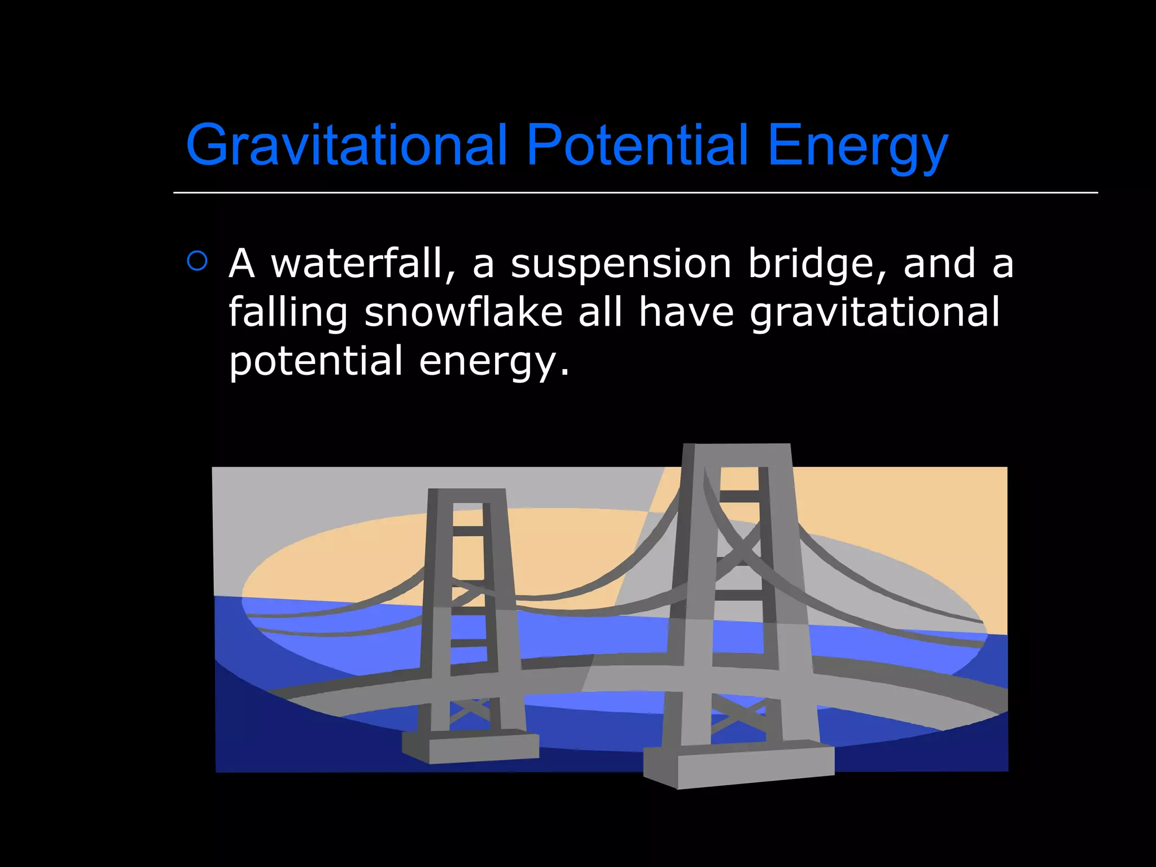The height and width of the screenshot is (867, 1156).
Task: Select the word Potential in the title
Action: click(637, 145)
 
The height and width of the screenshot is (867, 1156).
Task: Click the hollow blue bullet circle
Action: click(197, 261)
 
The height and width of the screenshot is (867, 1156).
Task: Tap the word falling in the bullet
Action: click(288, 313)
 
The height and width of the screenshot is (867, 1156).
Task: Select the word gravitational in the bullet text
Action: click(874, 313)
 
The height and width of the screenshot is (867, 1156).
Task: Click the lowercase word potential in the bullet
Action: click(316, 361)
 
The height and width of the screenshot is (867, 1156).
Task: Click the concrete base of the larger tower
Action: click(739, 764)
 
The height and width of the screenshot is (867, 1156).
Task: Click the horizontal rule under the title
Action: click(635, 192)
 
